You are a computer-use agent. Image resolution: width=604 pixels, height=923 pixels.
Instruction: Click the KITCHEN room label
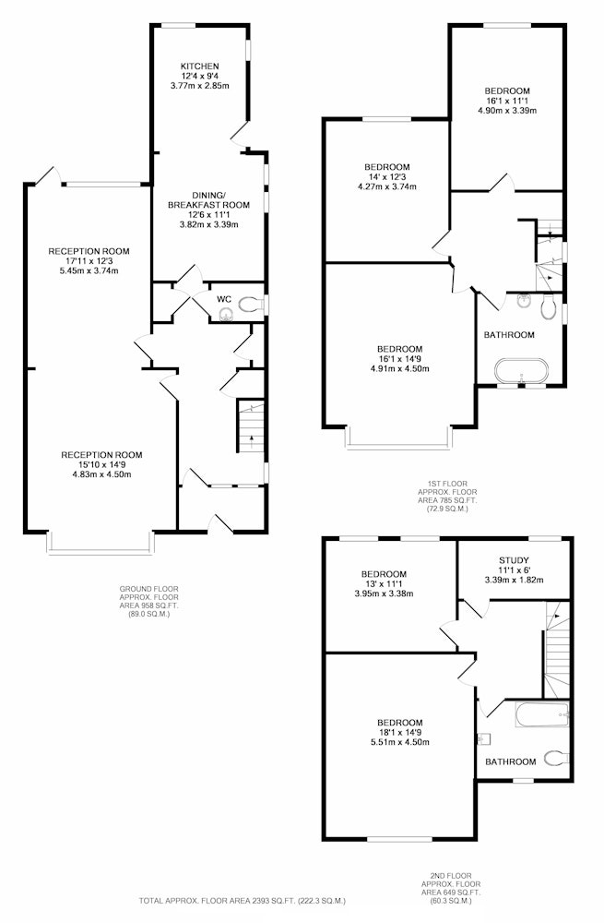click(199, 66)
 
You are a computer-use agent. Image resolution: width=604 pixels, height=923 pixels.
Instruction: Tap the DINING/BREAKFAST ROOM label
click(208, 200)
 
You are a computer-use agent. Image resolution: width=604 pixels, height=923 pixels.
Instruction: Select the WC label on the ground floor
click(224, 299)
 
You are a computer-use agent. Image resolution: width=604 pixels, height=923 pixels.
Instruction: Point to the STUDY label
click(514, 560)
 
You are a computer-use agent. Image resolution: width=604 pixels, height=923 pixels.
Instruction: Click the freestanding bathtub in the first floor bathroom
click(522, 371)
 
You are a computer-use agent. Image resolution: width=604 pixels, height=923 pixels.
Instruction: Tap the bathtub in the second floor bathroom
click(542, 714)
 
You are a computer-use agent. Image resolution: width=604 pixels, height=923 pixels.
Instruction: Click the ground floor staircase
click(251, 425)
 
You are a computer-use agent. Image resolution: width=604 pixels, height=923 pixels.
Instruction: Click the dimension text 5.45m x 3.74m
click(89, 270)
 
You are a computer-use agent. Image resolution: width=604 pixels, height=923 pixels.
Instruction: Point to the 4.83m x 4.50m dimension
click(101, 474)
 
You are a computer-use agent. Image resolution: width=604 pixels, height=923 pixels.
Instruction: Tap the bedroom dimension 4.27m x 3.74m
click(386, 187)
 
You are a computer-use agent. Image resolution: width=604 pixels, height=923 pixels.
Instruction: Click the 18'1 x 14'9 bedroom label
click(399, 732)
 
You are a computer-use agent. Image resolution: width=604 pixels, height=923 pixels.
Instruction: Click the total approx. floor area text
click(243, 901)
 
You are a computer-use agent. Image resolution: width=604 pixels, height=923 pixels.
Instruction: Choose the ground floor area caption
click(149, 601)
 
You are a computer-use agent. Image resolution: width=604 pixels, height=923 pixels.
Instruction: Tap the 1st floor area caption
click(447, 497)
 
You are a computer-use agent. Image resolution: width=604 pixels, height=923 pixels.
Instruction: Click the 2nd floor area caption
click(451, 888)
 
